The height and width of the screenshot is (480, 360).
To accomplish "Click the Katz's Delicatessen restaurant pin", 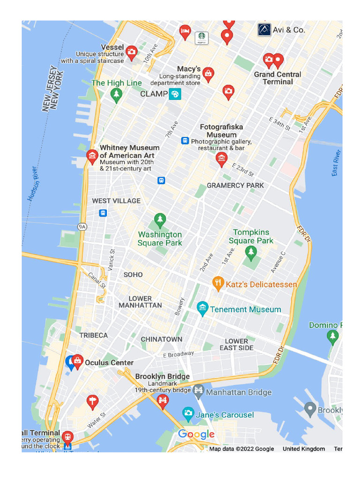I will pyautogui.click(x=218, y=283).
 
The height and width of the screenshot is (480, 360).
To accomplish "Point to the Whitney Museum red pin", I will pyautogui.click(x=92, y=156).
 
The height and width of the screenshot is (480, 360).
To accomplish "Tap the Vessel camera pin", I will pyautogui.click(x=132, y=52).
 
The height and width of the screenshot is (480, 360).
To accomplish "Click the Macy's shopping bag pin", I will pyautogui.click(x=208, y=74).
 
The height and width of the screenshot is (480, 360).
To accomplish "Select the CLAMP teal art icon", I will pyautogui.click(x=175, y=94).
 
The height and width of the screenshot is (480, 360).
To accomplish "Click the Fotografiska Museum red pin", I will pyautogui.click(x=221, y=158).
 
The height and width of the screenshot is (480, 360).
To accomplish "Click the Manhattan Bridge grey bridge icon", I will pyautogui.click(x=199, y=390).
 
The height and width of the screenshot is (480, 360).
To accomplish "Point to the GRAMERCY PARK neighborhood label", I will pyautogui.click(x=235, y=185).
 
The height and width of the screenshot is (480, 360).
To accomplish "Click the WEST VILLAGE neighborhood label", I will pyautogui.click(x=116, y=201).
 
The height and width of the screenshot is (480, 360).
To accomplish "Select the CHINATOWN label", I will pyautogui.click(x=162, y=339).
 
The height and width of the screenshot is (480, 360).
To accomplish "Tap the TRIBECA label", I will pyautogui.click(x=93, y=335).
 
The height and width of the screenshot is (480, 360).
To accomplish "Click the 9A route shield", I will pyautogui.click(x=82, y=227).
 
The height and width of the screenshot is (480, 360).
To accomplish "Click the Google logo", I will pyautogui.click(x=196, y=435).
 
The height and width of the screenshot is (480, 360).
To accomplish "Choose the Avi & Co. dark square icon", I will pyautogui.click(x=264, y=30).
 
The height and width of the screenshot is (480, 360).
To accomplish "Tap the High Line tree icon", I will pyautogui.click(x=116, y=94).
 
